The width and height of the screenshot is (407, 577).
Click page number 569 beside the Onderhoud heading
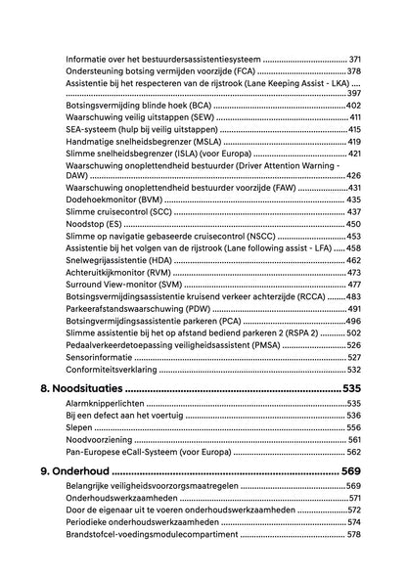352,471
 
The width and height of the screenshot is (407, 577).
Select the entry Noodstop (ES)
97,224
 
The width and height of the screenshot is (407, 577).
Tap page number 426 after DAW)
353,175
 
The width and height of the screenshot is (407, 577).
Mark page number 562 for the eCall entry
353,452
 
